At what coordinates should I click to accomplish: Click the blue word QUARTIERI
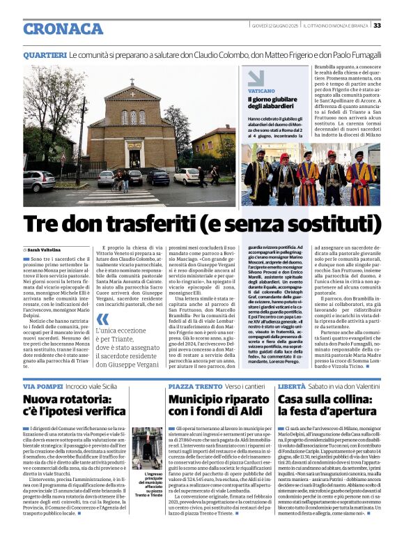point(45,54)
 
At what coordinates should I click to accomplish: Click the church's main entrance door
point(134,157)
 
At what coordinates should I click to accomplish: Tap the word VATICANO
point(261,91)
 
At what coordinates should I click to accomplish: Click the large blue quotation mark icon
point(102,321)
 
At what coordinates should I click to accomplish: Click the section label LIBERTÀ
point(291,386)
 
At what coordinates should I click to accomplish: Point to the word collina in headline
point(352,400)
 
